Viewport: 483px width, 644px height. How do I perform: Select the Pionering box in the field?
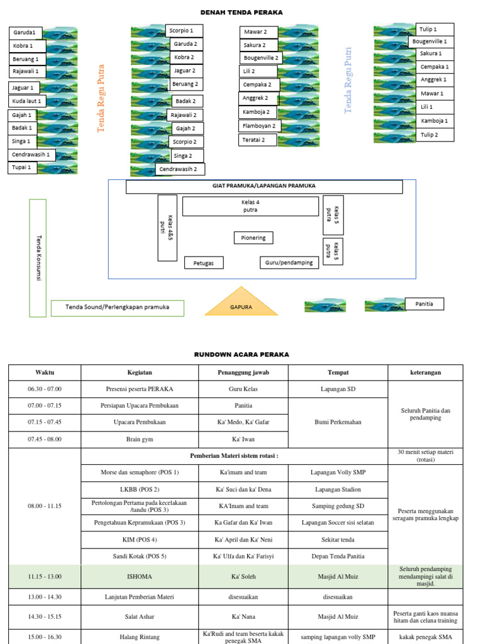pos(253,238)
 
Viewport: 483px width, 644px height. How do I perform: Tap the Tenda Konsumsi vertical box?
pos(38,258)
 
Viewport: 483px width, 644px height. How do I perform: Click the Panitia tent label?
pos(425,304)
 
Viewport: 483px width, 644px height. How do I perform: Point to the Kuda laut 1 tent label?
pos(26,101)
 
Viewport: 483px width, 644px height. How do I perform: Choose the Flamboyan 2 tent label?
pos(259,126)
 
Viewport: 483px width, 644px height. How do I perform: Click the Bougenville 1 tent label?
pos(430,42)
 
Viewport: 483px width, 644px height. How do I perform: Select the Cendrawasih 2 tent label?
pos(179,169)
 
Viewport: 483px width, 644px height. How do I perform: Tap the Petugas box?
pos(204,263)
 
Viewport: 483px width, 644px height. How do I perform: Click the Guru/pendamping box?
pos(289,262)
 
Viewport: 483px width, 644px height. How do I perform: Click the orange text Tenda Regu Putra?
pos(101,98)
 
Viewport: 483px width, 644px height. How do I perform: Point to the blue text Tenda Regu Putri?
pos(348,80)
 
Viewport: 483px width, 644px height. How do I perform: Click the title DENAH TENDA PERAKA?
pos(241,13)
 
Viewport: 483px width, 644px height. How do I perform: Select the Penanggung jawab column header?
pos(243,372)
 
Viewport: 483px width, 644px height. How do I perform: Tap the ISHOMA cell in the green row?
pos(140,577)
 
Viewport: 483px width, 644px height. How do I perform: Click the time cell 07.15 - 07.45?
pos(45,422)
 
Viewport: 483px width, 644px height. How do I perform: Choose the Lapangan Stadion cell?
pos(338,489)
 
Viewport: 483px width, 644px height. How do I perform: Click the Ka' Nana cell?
pos(243,616)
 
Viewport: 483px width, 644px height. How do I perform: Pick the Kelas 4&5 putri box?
pos(167,228)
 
